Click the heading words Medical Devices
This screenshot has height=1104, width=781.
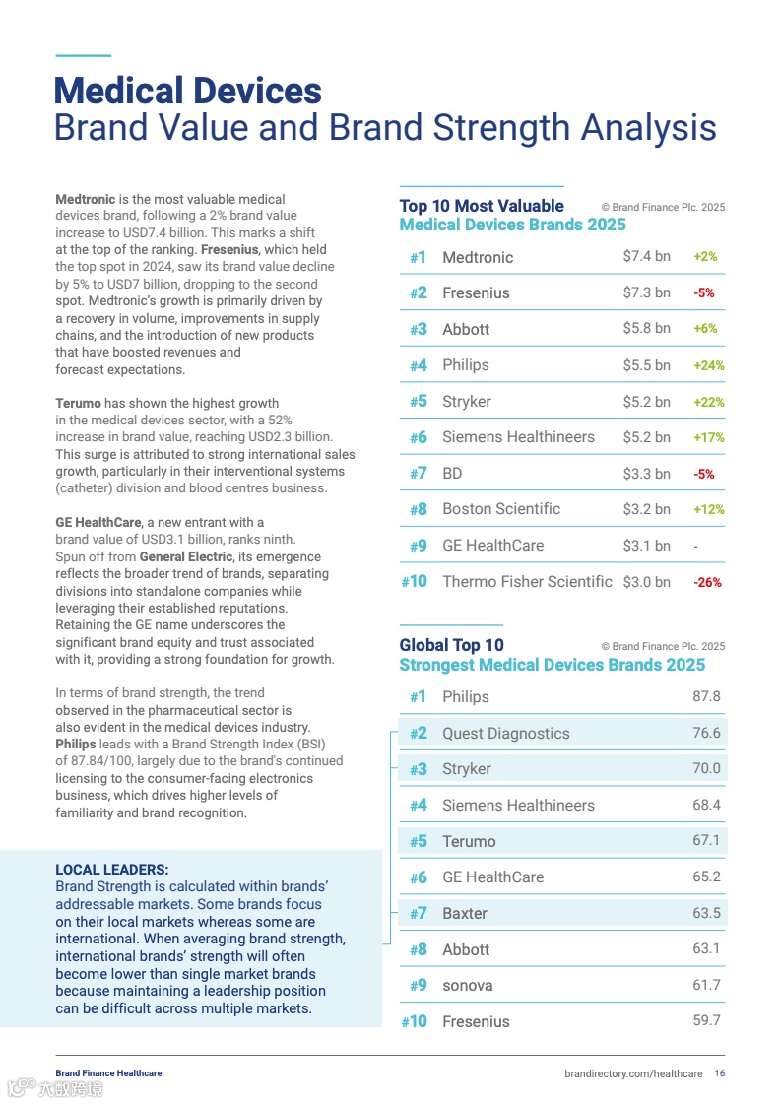187,92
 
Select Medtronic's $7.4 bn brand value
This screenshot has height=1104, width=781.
646,257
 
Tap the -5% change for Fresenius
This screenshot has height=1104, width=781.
703,293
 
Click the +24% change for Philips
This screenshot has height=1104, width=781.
708,365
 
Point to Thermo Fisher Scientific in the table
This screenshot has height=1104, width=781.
527,582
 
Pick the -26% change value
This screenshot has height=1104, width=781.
707,582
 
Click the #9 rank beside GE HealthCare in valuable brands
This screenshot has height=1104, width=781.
418,546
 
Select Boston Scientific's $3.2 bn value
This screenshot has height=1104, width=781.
646,509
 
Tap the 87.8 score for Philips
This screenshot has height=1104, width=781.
706,697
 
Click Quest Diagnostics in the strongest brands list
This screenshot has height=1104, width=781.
505,734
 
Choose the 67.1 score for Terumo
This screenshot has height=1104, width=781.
706,841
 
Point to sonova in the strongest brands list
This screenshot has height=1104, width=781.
467,986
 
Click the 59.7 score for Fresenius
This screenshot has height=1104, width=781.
706,1021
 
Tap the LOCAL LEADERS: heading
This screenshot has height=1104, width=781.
111,870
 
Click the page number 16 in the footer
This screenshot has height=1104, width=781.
720,1073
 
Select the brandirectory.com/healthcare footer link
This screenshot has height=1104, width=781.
633,1073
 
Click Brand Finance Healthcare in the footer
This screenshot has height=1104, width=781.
108,1073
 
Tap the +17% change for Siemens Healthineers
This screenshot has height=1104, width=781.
708,438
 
